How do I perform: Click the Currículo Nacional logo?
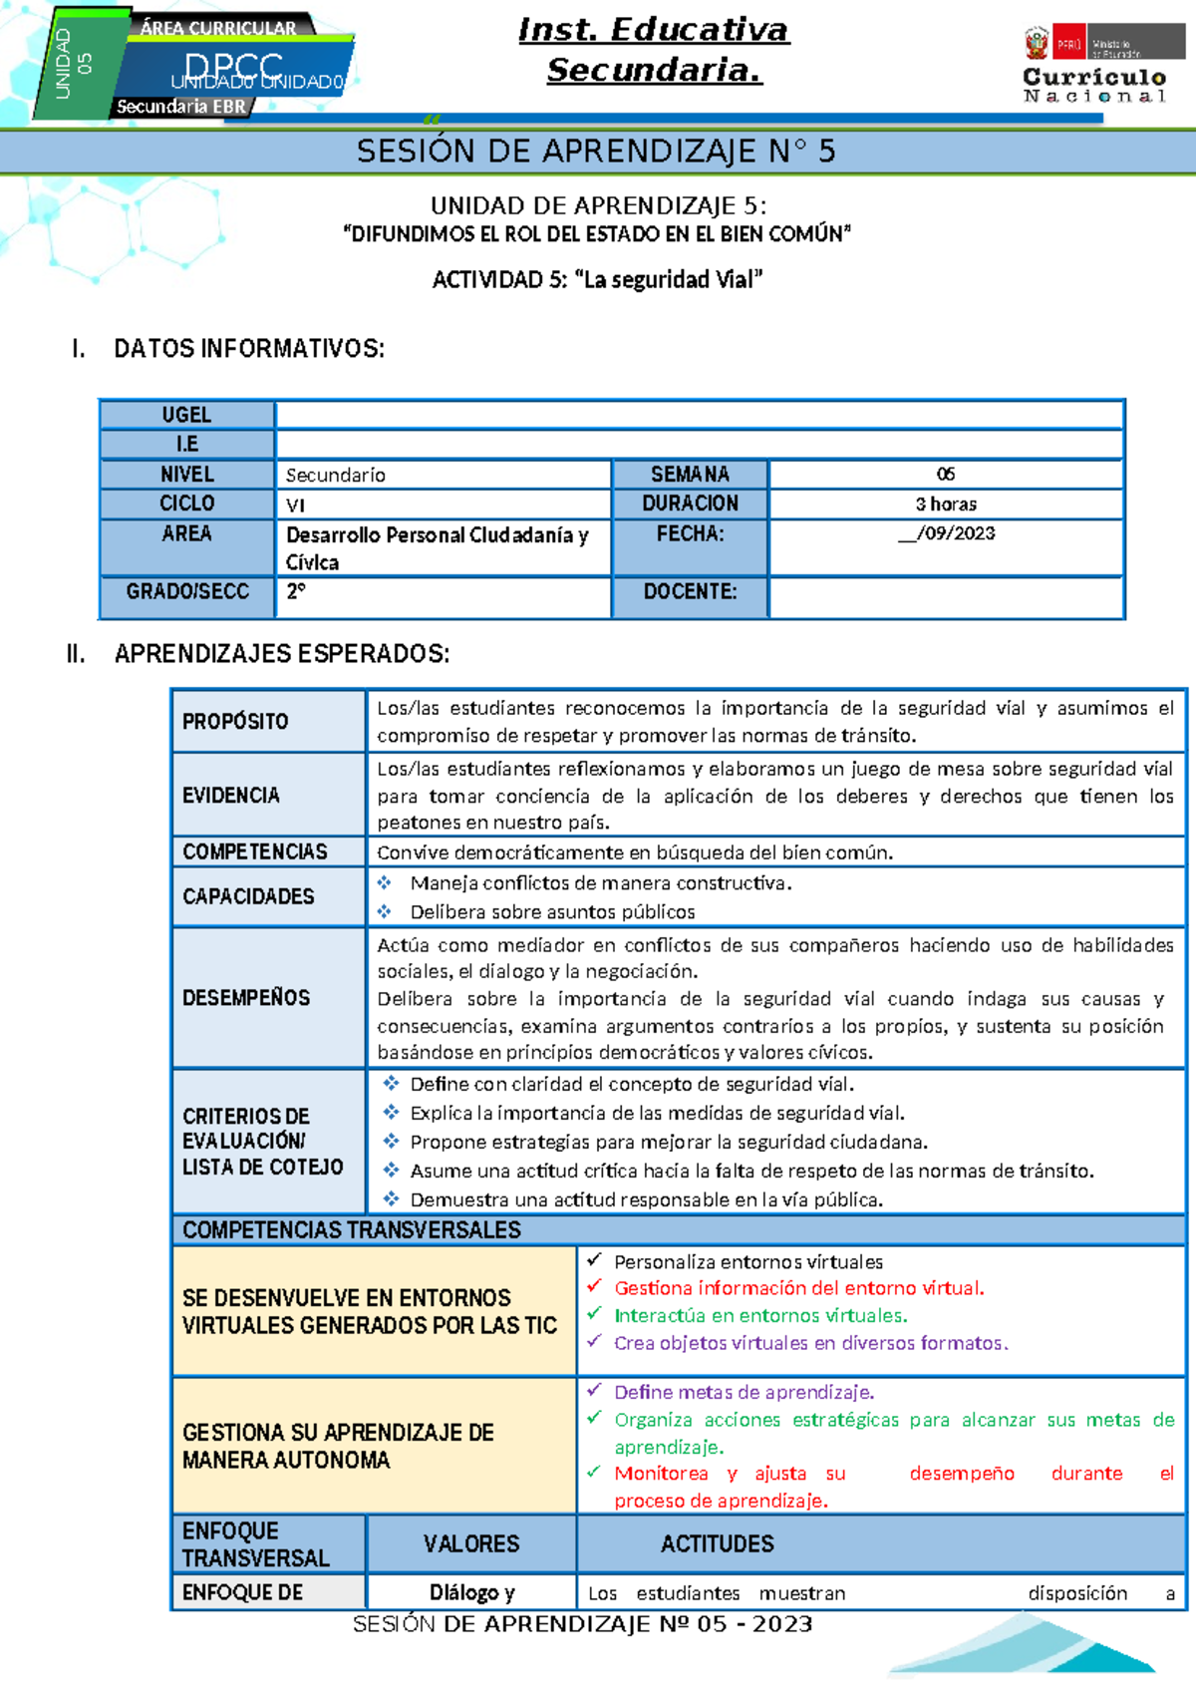(x=1094, y=66)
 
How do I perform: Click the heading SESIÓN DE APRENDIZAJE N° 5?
(x=596, y=152)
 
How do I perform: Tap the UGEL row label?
(x=186, y=415)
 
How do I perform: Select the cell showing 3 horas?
(x=946, y=505)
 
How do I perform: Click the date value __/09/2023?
(x=946, y=533)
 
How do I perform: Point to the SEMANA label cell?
(x=690, y=475)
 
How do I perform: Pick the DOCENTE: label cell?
(x=690, y=592)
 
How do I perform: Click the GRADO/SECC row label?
(x=186, y=592)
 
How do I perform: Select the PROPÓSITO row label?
(x=235, y=721)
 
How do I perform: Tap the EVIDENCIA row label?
(x=231, y=795)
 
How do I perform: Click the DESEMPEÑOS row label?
(x=246, y=998)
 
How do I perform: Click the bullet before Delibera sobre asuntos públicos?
(x=385, y=911)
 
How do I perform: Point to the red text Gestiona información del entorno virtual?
(x=798, y=1288)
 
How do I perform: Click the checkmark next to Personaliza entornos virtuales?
(x=594, y=1260)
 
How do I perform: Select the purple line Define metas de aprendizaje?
(x=744, y=1392)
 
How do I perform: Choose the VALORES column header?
(x=471, y=1544)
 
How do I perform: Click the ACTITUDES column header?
(x=717, y=1544)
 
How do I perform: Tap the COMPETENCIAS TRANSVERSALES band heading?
(x=351, y=1230)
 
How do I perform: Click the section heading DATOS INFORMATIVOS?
(x=248, y=349)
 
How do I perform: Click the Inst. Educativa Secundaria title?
(x=654, y=50)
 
